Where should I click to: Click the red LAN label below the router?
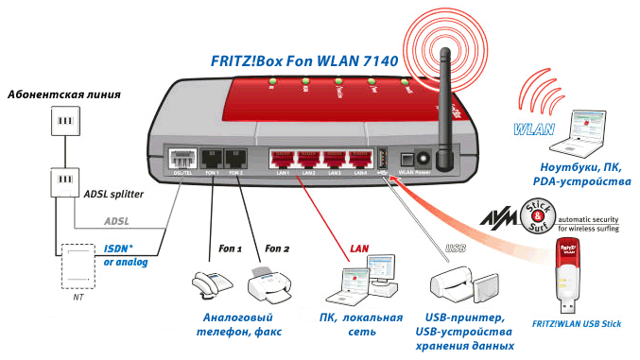pos(360,247)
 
